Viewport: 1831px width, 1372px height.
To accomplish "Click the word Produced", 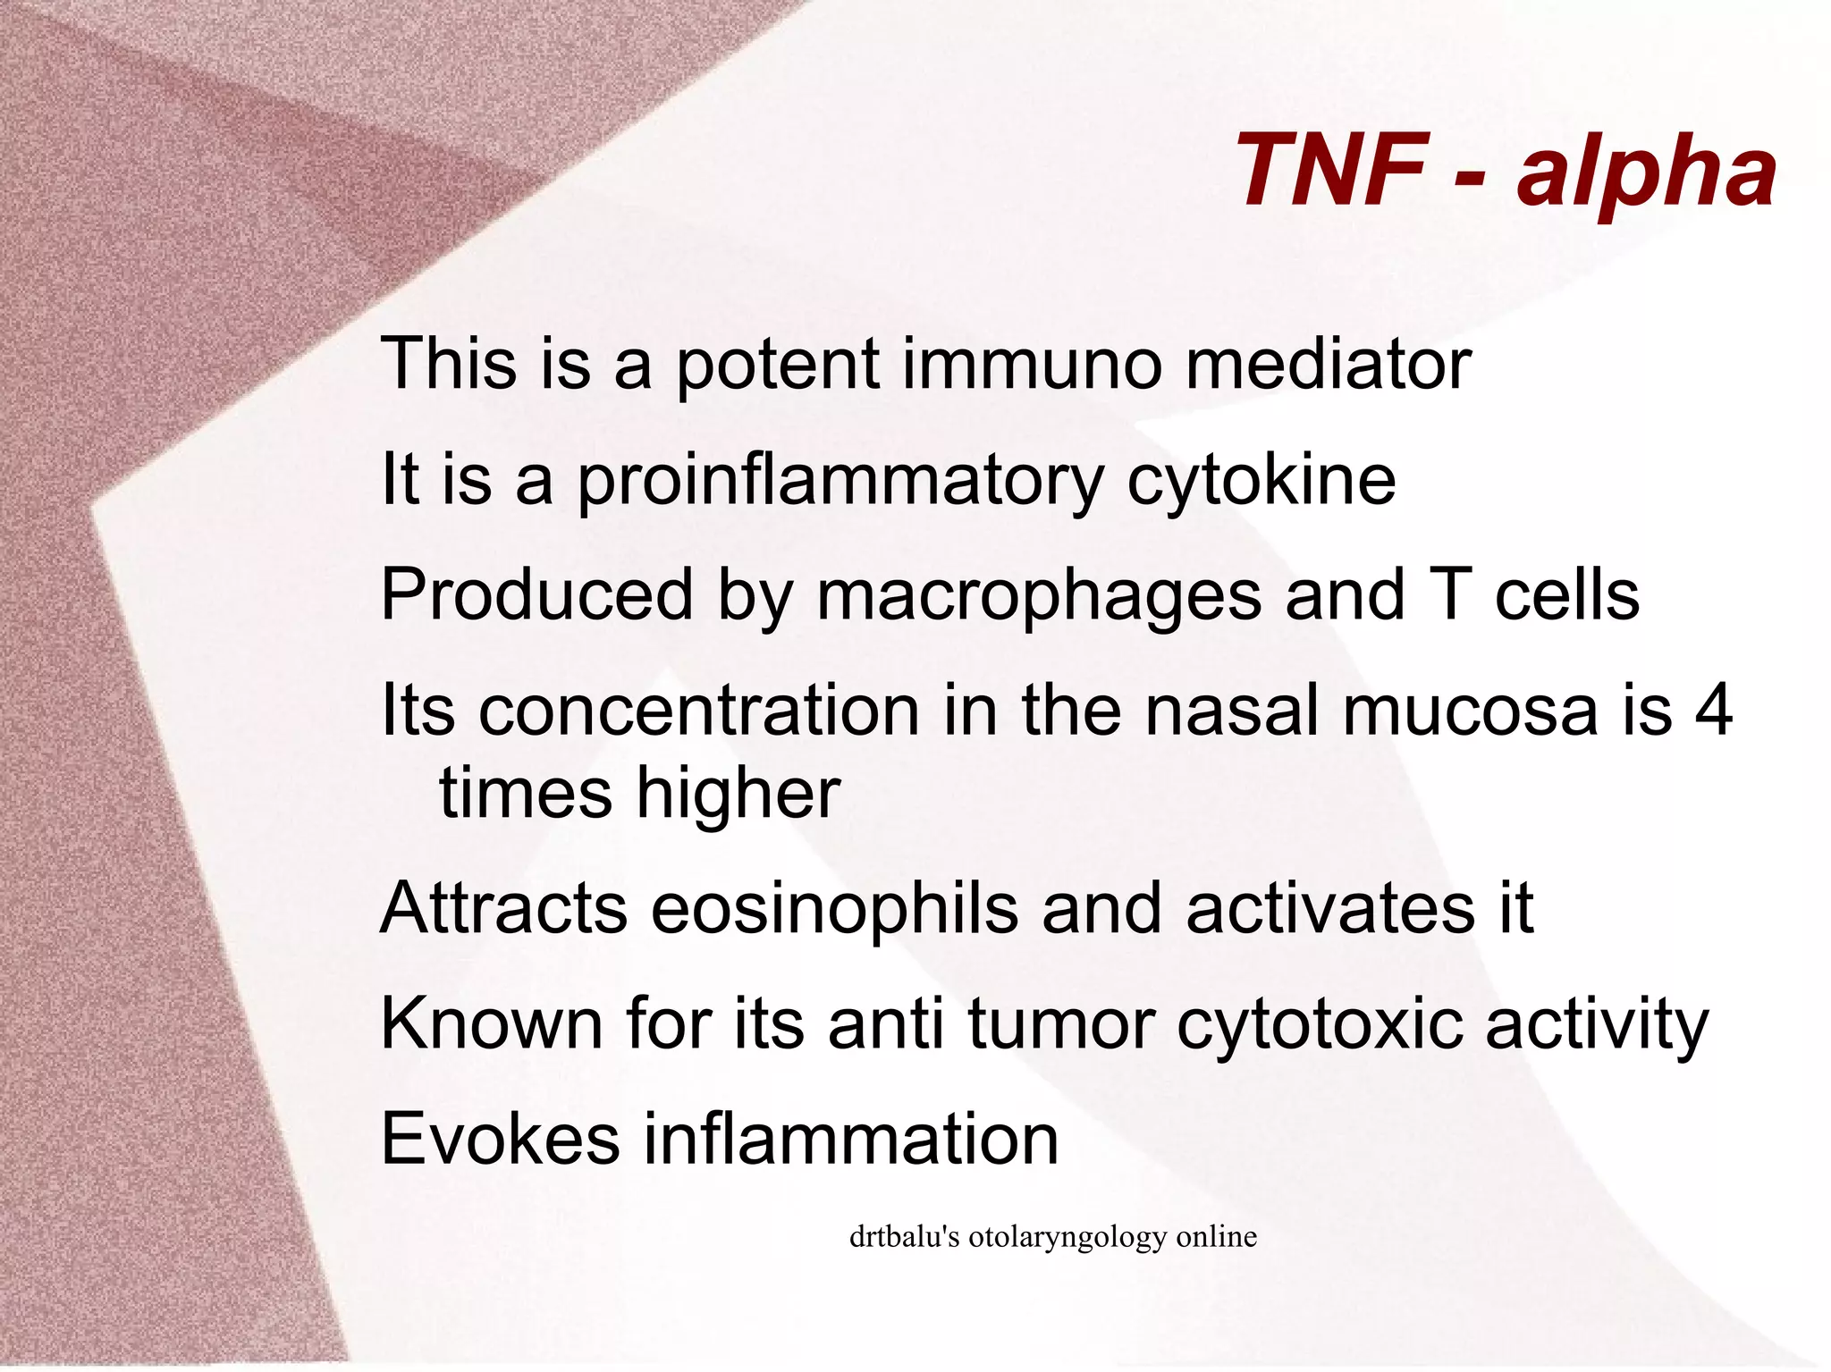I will pos(536,595).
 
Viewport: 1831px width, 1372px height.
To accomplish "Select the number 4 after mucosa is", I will pos(1714,711).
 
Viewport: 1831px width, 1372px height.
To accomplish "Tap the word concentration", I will pos(699,711).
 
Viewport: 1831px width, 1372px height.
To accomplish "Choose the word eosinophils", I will pos(833,910).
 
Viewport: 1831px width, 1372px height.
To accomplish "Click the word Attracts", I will pos(503,910).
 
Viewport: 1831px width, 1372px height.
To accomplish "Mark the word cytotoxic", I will pos(1320,1025).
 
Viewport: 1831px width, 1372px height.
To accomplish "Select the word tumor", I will pos(1060,1025).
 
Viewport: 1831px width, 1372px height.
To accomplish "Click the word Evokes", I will pos(500,1140).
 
